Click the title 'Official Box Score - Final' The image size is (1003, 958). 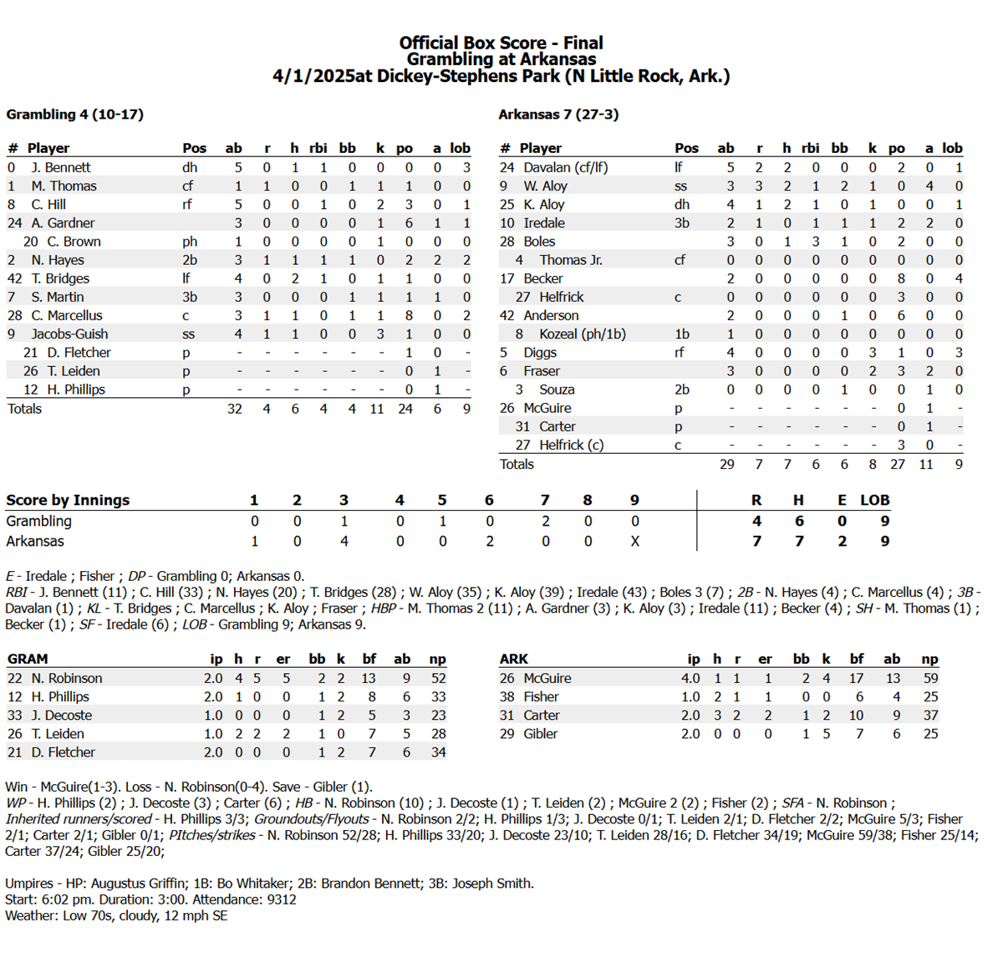click(501, 43)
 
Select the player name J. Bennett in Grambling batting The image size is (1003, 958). click(61, 167)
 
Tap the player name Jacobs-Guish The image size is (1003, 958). click(69, 334)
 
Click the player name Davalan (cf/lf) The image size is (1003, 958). click(565, 167)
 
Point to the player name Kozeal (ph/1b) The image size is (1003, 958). click(582, 334)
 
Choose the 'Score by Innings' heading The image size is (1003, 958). click(68, 500)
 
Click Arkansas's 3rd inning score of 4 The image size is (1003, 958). click(344, 541)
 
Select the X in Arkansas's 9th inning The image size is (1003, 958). click(634, 541)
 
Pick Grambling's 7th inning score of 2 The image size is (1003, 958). click(545, 521)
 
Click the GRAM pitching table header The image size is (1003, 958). click(28, 659)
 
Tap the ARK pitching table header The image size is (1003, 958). click(513, 659)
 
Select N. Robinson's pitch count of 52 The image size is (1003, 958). click(438, 678)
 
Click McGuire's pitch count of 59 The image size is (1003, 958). click(930, 678)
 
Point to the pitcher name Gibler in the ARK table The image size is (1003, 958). click(540, 733)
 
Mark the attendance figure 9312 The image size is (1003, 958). click(280, 899)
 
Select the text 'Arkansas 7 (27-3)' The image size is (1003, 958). click(558, 115)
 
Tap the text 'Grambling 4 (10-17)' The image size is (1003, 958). click(74, 115)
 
